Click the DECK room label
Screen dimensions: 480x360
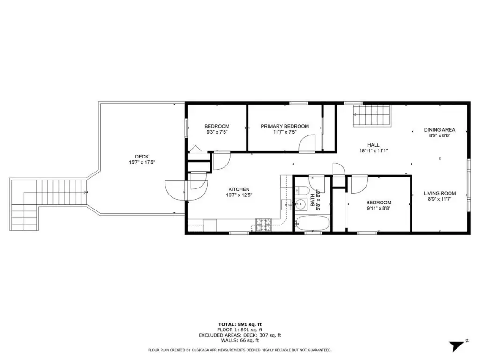pyautogui.click(x=142, y=157)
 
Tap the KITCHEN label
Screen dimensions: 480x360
pyautogui.click(x=239, y=189)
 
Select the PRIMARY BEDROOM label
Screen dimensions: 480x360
pyautogui.click(x=285, y=126)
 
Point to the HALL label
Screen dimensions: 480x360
pyautogui.click(x=374, y=145)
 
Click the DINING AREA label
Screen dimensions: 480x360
pyautogui.click(x=439, y=130)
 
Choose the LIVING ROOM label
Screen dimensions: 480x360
pyautogui.click(x=440, y=193)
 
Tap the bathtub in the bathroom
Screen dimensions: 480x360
pyautogui.click(x=312, y=223)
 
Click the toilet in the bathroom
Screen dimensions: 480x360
pyautogui.click(x=301, y=191)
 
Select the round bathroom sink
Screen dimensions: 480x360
pyautogui.click(x=301, y=204)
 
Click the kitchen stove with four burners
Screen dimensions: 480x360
pyautogui.click(x=263, y=224)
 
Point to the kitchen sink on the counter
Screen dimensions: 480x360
pyautogui.click(x=286, y=204)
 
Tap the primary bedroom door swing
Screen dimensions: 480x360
pyautogui.click(x=307, y=143)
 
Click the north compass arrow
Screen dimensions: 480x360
pyautogui.click(x=458, y=345)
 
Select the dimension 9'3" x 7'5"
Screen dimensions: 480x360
pyautogui.click(x=217, y=132)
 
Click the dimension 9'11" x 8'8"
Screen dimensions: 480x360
pyautogui.click(x=379, y=209)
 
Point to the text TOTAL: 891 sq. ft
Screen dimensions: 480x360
pyautogui.click(x=240, y=324)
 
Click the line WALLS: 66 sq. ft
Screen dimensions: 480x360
pyautogui.click(x=240, y=340)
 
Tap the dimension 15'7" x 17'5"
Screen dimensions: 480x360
pyautogui.click(x=142, y=162)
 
